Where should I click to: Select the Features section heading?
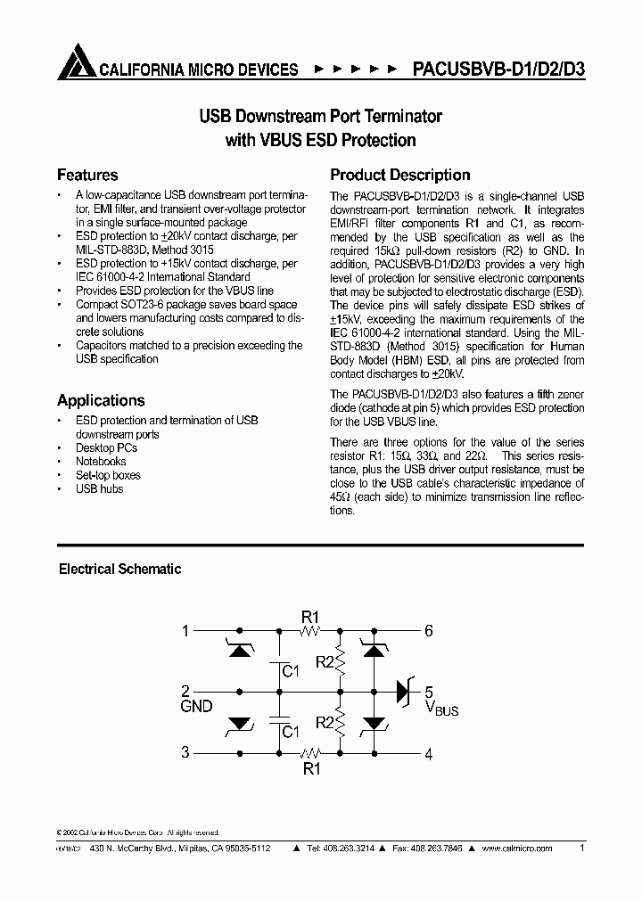[87, 175]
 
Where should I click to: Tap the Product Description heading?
[399, 175]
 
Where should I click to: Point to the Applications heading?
[101, 400]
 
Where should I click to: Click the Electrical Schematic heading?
[119, 569]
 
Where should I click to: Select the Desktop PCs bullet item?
[108, 447]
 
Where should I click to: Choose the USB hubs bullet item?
[99, 488]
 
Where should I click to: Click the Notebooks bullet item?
[101, 461]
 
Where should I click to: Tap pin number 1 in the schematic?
[185, 631]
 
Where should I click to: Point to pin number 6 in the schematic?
[429, 631]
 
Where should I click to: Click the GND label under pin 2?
[196, 707]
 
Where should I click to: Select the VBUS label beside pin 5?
[441, 709]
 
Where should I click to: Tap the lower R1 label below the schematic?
[310, 769]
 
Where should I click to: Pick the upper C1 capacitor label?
[289, 669]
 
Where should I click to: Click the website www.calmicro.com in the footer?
[517, 849]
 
